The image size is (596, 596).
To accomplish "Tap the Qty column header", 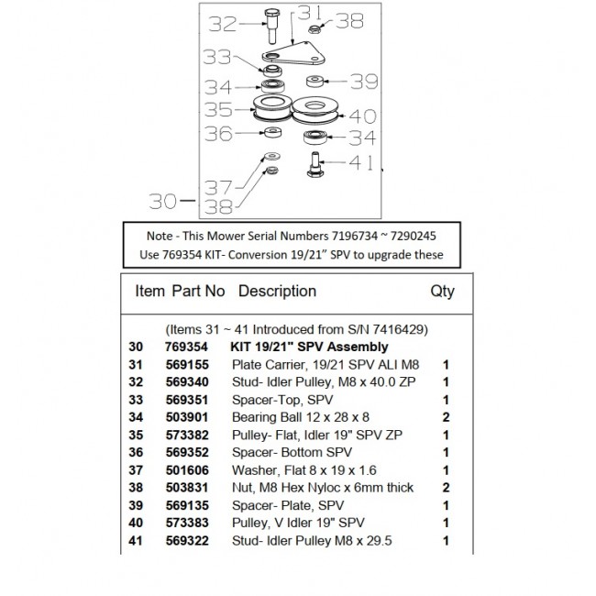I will pyautogui.click(x=442, y=292).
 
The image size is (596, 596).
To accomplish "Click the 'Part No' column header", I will pyautogui.click(x=197, y=292).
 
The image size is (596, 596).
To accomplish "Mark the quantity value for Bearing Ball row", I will pyautogui.click(x=446, y=416).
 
